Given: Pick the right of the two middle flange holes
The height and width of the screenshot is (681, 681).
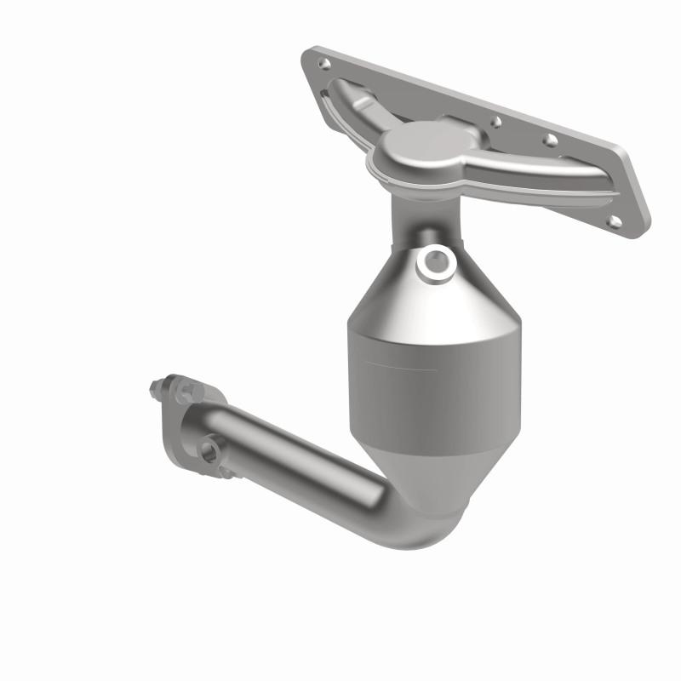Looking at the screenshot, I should click(551, 139).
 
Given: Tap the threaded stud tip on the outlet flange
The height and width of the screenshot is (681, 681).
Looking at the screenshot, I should click(154, 390).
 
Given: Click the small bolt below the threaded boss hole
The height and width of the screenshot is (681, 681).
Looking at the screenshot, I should click(222, 470).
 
